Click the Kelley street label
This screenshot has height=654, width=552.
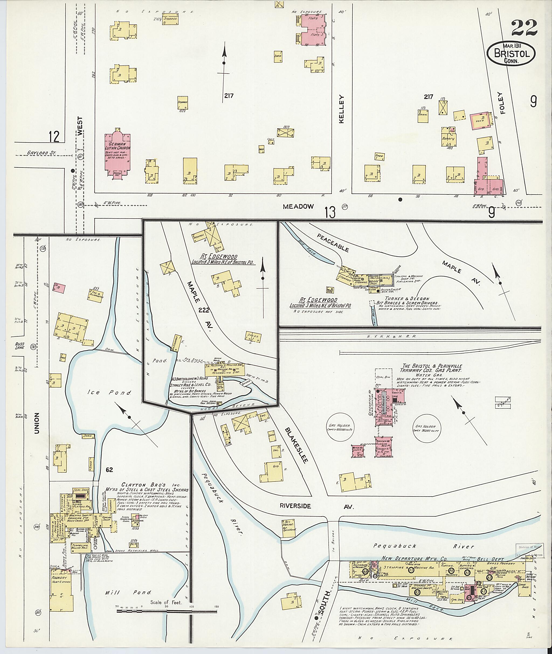tap(341, 109)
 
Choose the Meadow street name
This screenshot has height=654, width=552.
tap(298, 206)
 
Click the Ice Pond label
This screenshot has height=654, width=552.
tap(109, 392)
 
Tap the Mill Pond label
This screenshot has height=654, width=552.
tap(128, 592)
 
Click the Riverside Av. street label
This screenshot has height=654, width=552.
tap(316, 506)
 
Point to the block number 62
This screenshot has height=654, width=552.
tap(109, 470)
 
